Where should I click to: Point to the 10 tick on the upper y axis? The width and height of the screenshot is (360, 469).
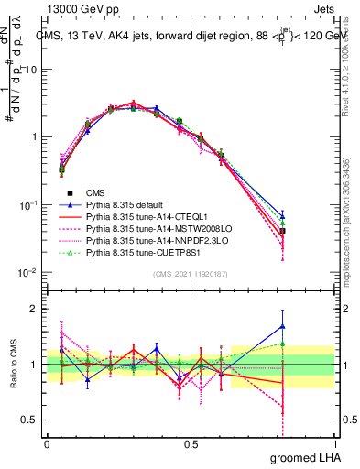click(x=32, y=70)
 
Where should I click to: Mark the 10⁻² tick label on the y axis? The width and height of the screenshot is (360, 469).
click(x=29, y=273)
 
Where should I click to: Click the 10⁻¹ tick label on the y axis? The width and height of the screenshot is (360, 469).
click(x=29, y=205)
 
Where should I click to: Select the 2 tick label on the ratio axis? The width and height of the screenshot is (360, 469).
click(x=37, y=309)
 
